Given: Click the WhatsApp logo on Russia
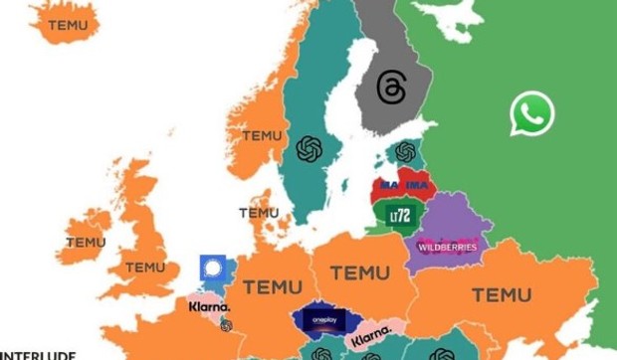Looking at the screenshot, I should [531, 113].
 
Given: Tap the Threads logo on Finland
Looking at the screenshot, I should [391, 88].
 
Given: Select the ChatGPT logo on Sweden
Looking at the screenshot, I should [309, 149].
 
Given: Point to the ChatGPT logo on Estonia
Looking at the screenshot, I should [405, 152].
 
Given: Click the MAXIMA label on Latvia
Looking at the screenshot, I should [403, 186].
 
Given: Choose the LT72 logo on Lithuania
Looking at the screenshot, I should [399, 215].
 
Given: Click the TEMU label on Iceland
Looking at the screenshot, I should [67, 25].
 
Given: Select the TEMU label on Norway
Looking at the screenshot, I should [262, 135].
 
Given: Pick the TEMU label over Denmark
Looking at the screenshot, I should [259, 212].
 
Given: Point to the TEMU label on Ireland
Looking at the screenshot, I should [86, 242].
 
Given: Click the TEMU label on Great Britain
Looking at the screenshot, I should [145, 267].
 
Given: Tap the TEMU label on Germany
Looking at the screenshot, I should [272, 286].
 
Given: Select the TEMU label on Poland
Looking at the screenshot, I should [359, 271].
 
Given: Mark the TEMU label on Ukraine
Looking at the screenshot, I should [501, 294].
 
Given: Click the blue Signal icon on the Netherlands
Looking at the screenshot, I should [212, 269].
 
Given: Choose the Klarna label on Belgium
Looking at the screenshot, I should [209, 306].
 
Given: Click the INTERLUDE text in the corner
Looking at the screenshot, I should [38, 353].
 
